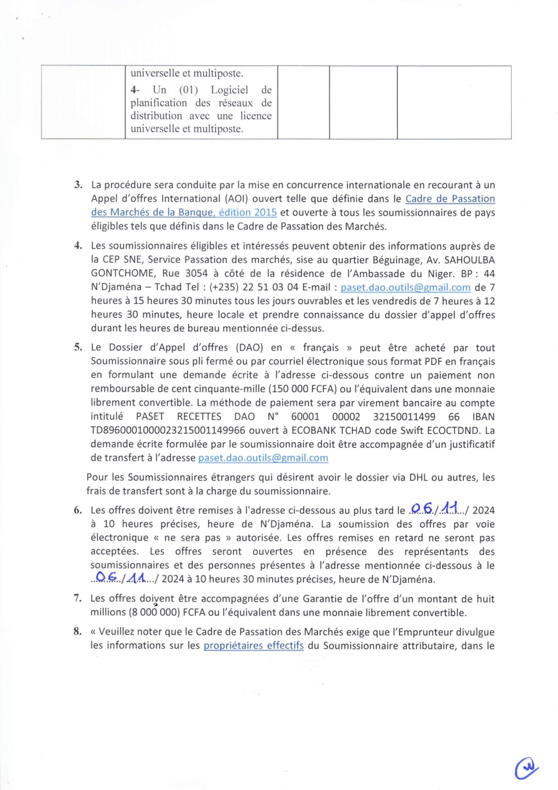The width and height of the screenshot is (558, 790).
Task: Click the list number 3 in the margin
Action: (78, 185)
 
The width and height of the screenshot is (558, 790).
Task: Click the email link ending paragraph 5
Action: (263, 458)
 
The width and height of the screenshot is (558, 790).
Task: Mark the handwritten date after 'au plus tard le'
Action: (440, 509)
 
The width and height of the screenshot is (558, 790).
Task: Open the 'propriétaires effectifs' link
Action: (253, 646)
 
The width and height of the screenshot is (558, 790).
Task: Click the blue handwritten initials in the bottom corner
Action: (527, 767)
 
